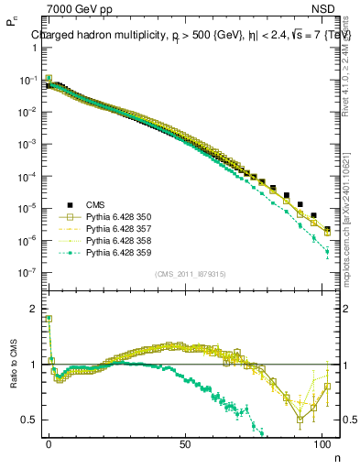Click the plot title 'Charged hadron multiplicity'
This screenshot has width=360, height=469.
101,37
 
